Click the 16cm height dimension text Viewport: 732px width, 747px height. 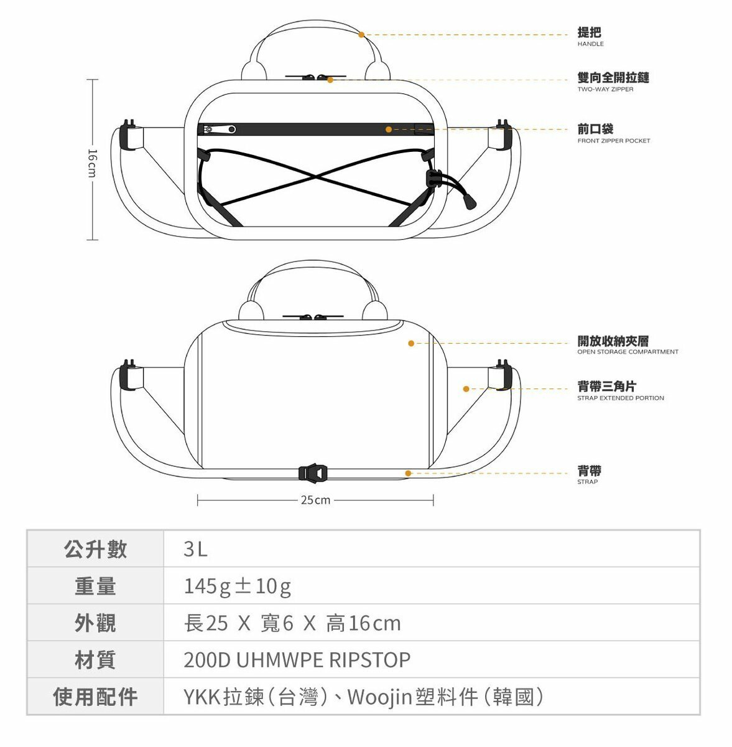coord(92,161)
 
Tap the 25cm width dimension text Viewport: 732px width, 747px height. coord(315,500)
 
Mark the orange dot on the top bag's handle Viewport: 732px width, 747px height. coord(361,35)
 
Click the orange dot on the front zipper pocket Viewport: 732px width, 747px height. coord(389,129)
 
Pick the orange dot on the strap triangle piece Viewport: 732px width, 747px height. coord(466,389)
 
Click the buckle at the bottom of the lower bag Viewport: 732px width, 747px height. coord(312,474)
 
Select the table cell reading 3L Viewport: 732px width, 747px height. coord(195,549)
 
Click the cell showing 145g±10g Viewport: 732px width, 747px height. coord(237,586)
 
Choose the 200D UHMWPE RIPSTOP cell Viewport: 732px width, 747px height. coord(297,660)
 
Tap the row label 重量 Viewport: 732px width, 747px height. coord(95,586)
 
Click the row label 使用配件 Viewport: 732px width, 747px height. coord(95,697)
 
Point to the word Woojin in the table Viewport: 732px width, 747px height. coord(379,697)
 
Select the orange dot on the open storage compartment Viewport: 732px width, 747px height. coord(411,343)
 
